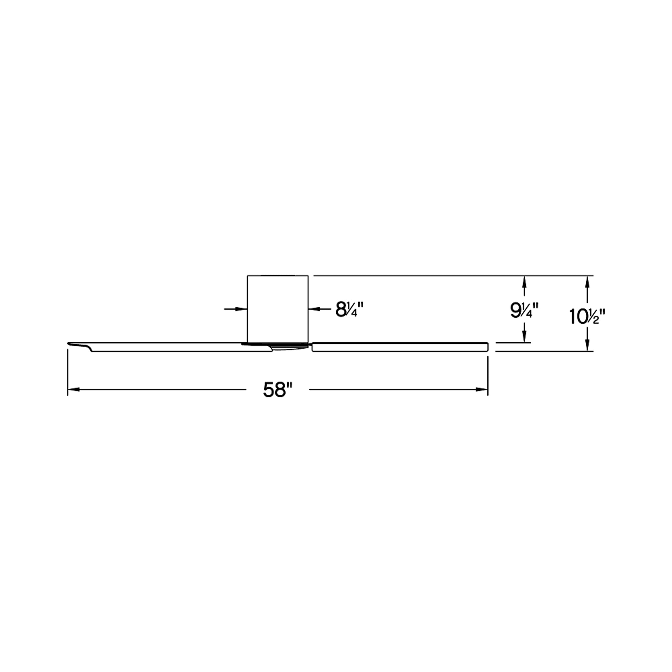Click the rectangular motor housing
pos(278,308)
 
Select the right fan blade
pos(400,347)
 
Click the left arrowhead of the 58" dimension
pos(73,390)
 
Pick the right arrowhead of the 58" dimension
pos(482,390)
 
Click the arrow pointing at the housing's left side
pos(236,309)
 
